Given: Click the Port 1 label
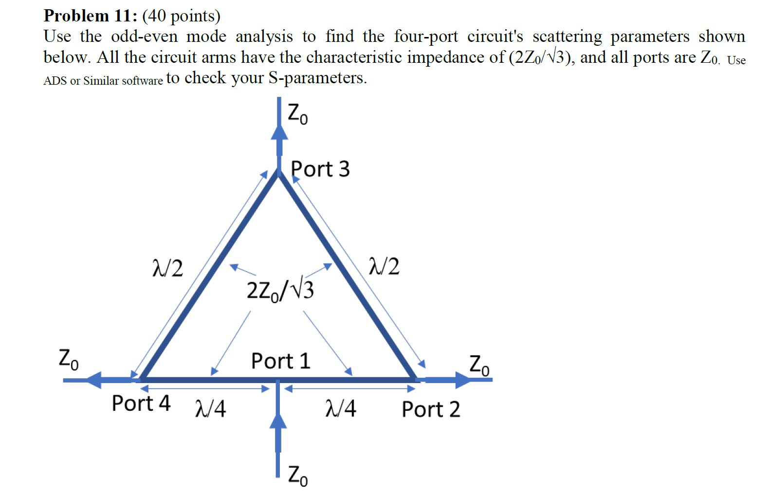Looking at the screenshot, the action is click(x=281, y=361).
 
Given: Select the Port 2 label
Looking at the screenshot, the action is click(x=431, y=409).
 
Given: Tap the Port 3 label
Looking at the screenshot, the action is click(x=320, y=169).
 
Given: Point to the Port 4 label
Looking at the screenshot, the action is click(x=141, y=404).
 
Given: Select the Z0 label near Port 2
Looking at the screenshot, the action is click(x=479, y=365).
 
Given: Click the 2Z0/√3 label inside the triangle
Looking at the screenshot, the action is click(x=280, y=290).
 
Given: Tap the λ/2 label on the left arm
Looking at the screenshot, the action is click(x=168, y=268).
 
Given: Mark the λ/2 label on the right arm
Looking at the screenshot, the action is click(x=384, y=267).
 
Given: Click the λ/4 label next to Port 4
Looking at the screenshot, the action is click(x=210, y=408).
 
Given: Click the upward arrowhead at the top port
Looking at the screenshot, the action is click(x=279, y=132).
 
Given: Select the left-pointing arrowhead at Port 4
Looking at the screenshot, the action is click(x=94, y=380).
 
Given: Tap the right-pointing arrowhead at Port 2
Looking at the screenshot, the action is click(x=463, y=380).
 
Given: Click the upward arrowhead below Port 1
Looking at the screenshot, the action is click(x=278, y=421).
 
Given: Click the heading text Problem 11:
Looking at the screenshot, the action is click(x=91, y=16).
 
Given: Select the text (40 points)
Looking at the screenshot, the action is click(x=181, y=16).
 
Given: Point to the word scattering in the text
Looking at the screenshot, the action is click(x=567, y=37).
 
